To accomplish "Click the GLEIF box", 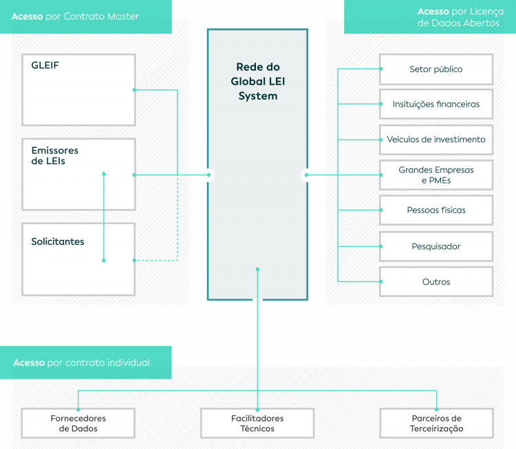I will pyautogui.click(x=78, y=89).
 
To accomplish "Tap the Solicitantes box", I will pyautogui.click(x=78, y=259).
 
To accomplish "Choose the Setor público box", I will pyautogui.click(x=436, y=69).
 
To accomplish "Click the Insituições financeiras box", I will pyautogui.click(x=436, y=105).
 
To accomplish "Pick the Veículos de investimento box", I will pyautogui.click(x=436, y=140).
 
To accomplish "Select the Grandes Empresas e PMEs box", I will pyautogui.click(x=436, y=175).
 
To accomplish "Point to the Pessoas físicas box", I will pyautogui.click(x=436, y=210).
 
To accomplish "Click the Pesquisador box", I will pyautogui.click(x=436, y=246).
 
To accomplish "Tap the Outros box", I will pyautogui.click(x=436, y=282).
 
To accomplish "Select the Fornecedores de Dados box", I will pyautogui.click(x=78, y=423).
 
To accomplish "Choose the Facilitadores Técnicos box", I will pyautogui.click(x=257, y=423).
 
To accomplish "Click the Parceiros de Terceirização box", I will pyautogui.click(x=436, y=423).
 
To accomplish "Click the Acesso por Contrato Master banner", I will pyautogui.click(x=86, y=17).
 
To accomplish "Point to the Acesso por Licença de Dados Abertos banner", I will pyautogui.click(x=430, y=17).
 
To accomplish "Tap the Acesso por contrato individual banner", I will pyautogui.click(x=86, y=362).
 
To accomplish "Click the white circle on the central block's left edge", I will pyautogui.click(x=208, y=175).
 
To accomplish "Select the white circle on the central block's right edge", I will pyautogui.click(x=307, y=175).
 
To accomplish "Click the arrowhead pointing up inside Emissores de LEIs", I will pyautogui.click(x=104, y=174).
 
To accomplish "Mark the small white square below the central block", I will pyautogui.click(x=257, y=300).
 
